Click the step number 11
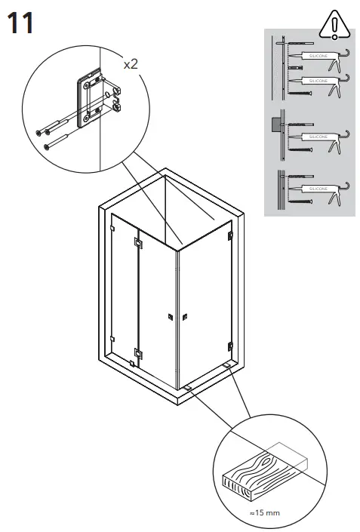tap(20, 23)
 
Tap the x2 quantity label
tap(131, 65)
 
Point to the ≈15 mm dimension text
tap(264, 512)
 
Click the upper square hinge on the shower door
tap(137, 243)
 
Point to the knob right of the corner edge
tap(185, 316)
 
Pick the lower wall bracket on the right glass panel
tap(229, 346)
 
